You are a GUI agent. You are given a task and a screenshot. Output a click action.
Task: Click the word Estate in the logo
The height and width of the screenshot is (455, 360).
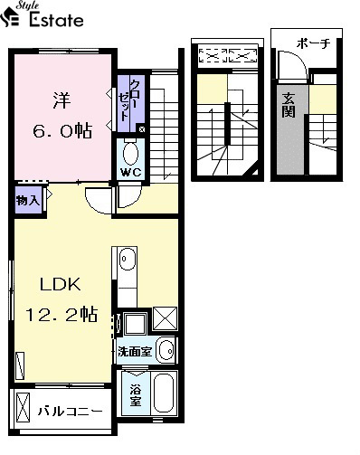[x=56, y=20]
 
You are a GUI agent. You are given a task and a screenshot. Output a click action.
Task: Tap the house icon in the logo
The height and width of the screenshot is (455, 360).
[x=10, y=18]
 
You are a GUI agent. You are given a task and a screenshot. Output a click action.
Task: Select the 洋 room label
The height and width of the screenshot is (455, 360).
[x=62, y=100]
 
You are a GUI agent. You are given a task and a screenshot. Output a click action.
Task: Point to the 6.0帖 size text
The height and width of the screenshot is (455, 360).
[x=62, y=130]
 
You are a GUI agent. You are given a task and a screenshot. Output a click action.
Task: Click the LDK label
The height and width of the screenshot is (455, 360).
[x=61, y=284]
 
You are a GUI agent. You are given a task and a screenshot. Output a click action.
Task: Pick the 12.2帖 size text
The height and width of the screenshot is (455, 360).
[x=62, y=314]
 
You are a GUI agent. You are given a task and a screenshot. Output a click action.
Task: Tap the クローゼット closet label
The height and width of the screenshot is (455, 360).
[x=129, y=100]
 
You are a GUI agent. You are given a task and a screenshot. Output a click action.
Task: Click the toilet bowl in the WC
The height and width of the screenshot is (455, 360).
[x=130, y=153]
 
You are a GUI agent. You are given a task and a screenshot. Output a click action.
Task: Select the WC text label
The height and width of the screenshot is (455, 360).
[x=131, y=172]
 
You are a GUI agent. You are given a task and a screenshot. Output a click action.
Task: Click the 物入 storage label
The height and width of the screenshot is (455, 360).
[x=28, y=200]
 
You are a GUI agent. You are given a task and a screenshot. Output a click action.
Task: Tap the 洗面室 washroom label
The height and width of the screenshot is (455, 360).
[x=135, y=351]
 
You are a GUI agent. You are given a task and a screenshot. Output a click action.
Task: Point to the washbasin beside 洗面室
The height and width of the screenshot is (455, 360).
[x=166, y=351]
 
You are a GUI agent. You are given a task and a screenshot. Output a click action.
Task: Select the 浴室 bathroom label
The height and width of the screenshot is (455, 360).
[x=136, y=395]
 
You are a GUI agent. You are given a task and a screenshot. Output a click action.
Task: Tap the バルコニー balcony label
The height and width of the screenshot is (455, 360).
[x=71, y=411]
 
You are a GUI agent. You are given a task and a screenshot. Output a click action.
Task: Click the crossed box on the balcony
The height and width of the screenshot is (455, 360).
[x=23, y=408]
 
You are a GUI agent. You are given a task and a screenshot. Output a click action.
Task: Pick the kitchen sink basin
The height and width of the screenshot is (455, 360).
[x=128, y=259]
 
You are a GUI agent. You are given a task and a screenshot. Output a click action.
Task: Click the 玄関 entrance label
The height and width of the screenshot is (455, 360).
[x=289, y=105]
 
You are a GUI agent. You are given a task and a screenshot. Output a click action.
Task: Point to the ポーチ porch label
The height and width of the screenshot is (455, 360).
[x=314, y=43]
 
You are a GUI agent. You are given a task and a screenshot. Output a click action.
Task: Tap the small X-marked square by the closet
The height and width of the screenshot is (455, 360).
[x=142, y=129]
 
